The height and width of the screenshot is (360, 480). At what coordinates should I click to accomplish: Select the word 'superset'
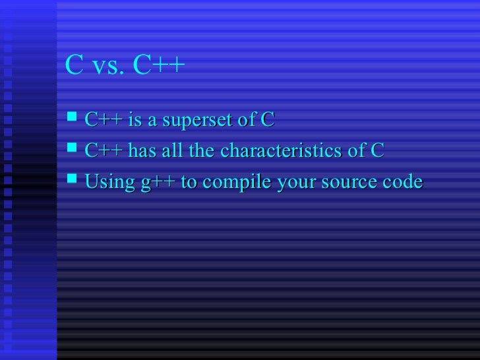tap(196, 121)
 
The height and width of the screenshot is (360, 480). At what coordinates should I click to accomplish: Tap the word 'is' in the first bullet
tap(135, 121)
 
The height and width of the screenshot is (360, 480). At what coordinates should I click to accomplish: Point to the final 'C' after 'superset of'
tap(267, 121)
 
